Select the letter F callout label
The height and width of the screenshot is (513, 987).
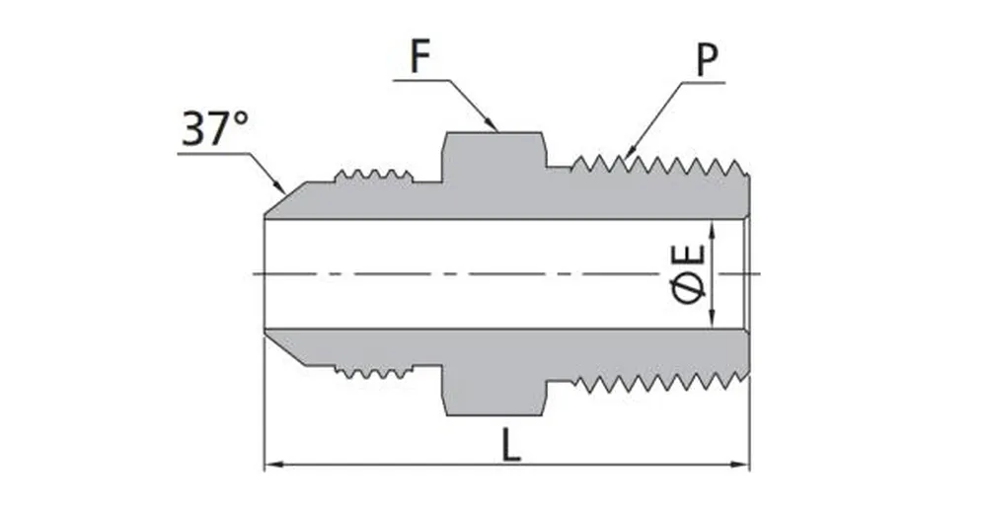click(420, 58)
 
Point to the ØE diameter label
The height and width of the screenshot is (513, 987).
click(691, 273)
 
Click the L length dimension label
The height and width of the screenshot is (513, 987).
click(509, 445)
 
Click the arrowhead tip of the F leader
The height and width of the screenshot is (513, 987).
click(495, 128)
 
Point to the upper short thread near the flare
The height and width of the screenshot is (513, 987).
click(372, 178)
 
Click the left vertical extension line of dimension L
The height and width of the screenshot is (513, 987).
click(264, 414)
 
